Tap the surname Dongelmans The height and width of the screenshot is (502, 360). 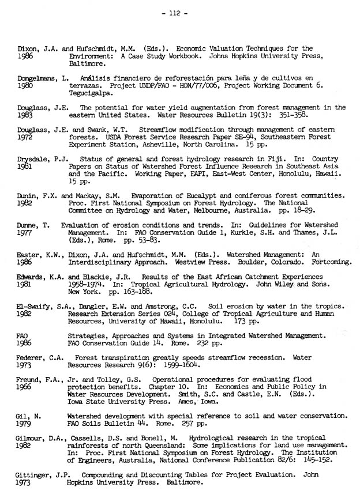[x=37, y=78]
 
